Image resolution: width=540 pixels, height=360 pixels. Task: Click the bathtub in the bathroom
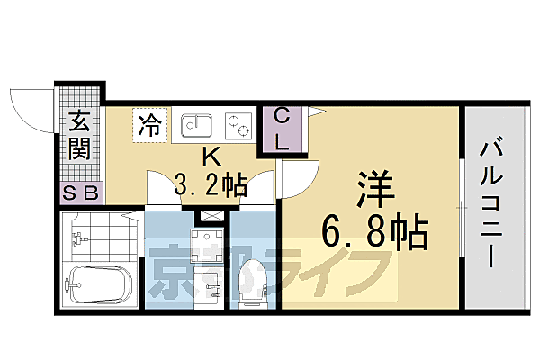(99, 287)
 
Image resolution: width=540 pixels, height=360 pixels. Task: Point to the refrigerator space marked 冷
(150, 124)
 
